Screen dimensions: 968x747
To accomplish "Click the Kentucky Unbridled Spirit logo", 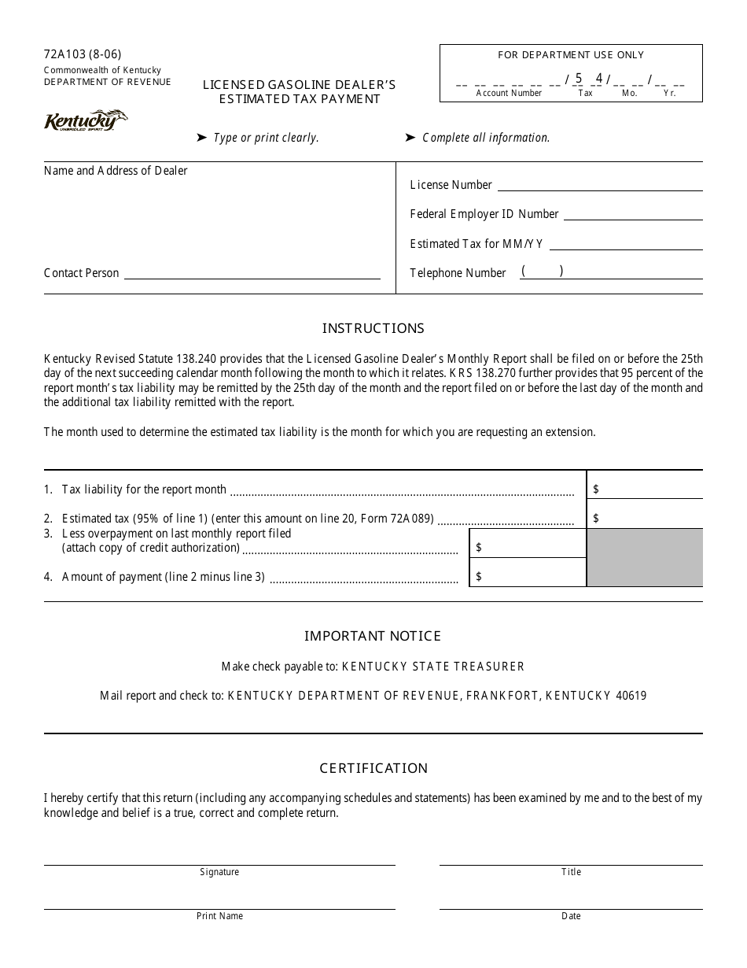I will (85, 122).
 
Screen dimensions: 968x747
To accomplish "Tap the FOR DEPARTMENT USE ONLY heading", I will (571, 55).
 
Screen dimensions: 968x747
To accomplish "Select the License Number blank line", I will (600, 187).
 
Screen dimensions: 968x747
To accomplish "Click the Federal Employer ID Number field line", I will (633, 216).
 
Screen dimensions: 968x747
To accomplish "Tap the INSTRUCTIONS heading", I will (373, 328).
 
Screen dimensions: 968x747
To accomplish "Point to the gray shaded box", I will (645, 557).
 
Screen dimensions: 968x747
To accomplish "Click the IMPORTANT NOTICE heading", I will (373, 636).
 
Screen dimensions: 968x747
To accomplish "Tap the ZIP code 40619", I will (631, 696).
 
